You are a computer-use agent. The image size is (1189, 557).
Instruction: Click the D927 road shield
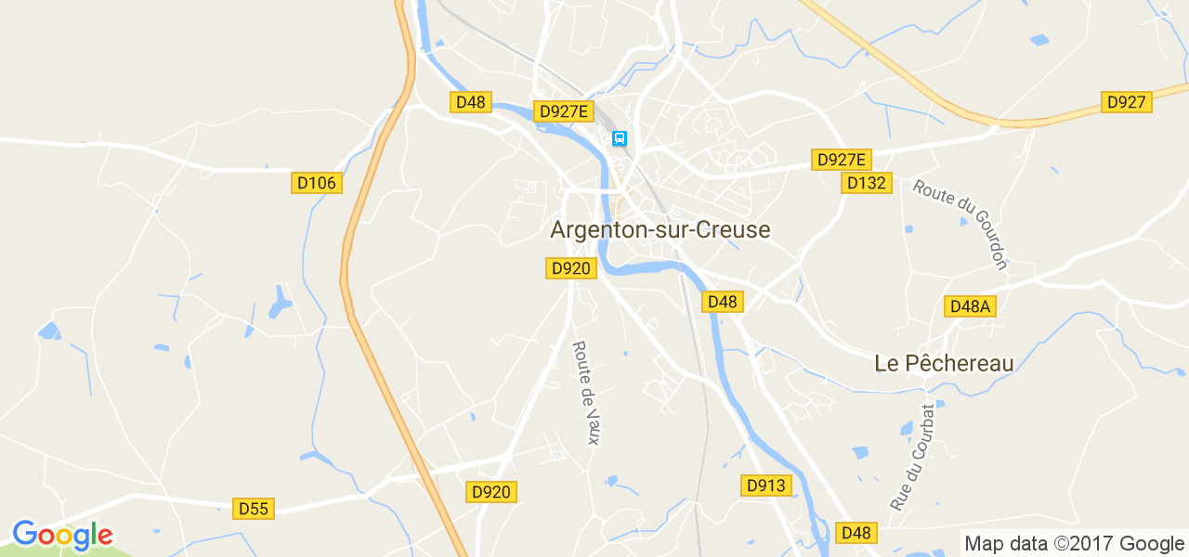(1127, 102)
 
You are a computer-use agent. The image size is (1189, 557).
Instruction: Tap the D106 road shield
(317, 183)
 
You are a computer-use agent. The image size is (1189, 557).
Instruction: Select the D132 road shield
(867, 183)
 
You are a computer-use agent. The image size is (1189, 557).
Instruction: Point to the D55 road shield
(253, 508)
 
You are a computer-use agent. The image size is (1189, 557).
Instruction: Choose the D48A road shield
(970, 306)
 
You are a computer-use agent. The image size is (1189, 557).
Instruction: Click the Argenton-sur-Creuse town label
(660, 229)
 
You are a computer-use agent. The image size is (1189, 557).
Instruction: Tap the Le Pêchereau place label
(944, 363)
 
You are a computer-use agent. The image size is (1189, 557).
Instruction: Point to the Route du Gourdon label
(960, 224)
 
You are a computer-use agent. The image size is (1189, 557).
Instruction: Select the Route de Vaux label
(585, 392)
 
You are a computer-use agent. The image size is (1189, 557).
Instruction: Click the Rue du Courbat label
(913, 457)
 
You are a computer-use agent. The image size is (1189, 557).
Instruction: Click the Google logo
(62, 535)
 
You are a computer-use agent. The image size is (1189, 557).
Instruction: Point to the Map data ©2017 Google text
(1074, 544)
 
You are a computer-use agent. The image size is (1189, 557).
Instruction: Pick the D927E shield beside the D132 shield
(842, 160)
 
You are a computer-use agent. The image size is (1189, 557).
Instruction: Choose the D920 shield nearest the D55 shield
(490, 492)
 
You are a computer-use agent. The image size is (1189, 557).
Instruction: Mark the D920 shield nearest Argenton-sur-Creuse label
(570, 268)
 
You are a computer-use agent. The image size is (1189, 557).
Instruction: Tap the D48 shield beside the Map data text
(855, 533)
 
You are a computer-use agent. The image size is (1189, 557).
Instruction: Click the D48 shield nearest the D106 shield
(471, 102)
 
